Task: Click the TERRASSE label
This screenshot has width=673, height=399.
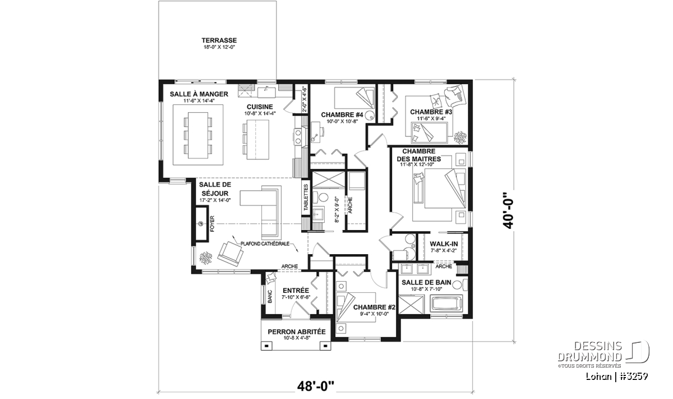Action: pos(219,40)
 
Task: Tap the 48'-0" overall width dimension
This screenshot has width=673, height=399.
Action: pos(316,386)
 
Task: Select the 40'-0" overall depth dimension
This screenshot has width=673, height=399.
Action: pos(509,210)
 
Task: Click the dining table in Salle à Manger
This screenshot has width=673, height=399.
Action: pos(198,135)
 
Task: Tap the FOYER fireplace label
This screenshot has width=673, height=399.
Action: pos(213,223)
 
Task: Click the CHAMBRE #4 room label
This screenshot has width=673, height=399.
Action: pos(342,115)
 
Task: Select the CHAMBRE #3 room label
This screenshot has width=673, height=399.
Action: pos(431,112)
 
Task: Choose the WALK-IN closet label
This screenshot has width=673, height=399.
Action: pos(444,244)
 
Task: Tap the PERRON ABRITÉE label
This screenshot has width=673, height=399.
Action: pos(297,332)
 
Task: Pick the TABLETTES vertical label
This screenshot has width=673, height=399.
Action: pos(306,197)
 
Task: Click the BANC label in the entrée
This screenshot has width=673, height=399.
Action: pos(270,296)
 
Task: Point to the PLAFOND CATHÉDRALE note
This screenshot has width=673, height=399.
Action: pos(265,244)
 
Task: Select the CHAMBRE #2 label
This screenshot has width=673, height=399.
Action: pos(374,308)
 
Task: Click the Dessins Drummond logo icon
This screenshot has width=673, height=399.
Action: pos(637,352)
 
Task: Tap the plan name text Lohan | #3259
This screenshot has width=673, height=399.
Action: pos(616,377)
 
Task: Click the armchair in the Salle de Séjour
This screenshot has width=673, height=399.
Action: pos(231,254)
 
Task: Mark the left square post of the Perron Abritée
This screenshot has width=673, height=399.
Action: pos(266,346)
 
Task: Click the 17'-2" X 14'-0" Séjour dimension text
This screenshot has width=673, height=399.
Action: pos(215,200)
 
